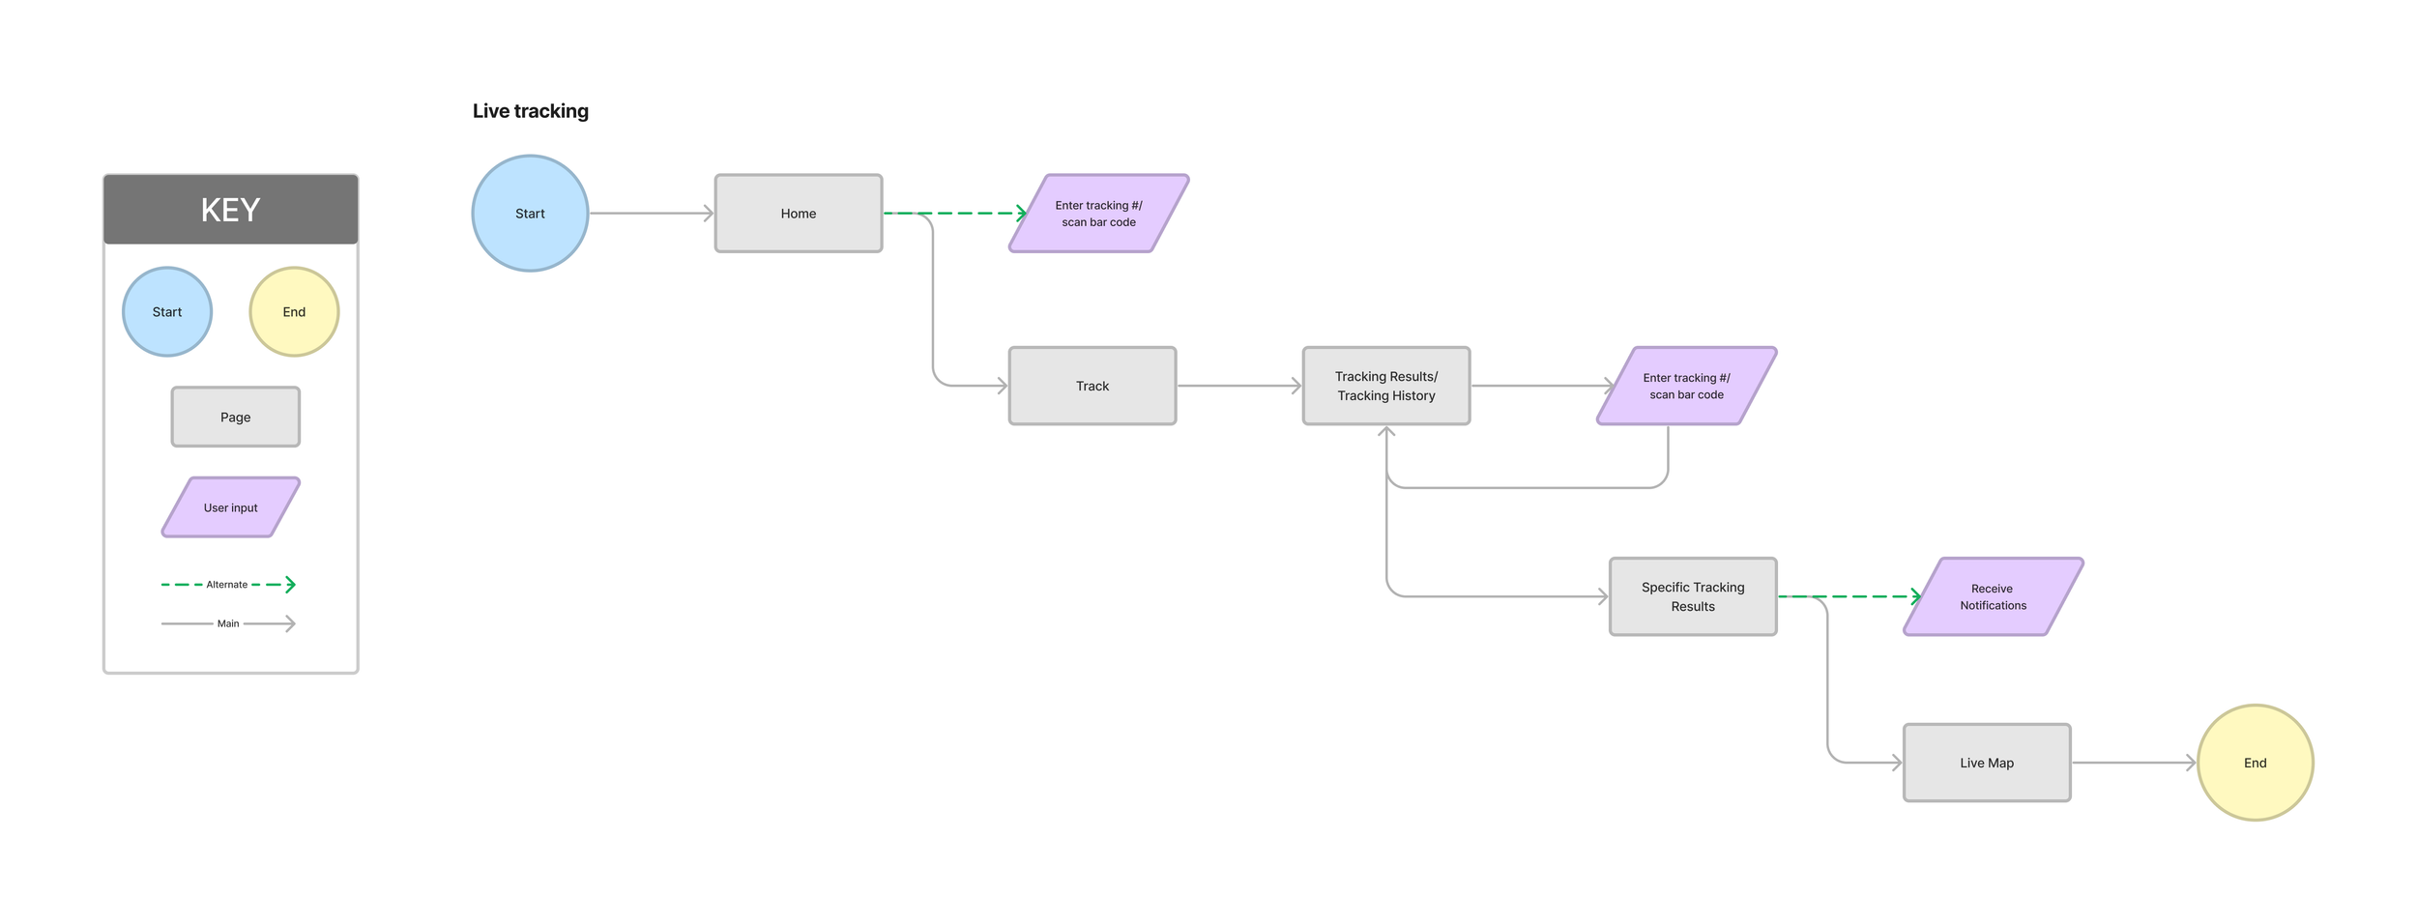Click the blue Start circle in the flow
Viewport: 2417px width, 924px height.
pos(530,214)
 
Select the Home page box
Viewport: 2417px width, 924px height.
pos(798,214)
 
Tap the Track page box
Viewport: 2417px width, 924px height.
pos(1092,386)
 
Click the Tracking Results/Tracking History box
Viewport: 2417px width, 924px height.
pos(1385,386)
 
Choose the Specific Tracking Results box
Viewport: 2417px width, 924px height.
pos(1692,596)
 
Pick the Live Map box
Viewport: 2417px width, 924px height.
pos(1986,763)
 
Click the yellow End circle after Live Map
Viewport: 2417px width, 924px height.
pos(2255,763)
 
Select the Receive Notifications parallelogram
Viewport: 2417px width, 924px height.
pos(1993,596)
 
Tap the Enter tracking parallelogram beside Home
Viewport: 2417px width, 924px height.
pos(1098,214)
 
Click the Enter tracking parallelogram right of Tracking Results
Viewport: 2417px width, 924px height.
pos(1686,386)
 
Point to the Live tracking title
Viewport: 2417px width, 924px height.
pos(530,111)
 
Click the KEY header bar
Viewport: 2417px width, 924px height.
pos(230,210)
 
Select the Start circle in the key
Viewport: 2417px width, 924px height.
pos(167,312)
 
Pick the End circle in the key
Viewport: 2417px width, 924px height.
pos(294,312)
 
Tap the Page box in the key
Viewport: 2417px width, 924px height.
pos(235,418)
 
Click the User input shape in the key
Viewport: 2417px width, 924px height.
pos(230,507)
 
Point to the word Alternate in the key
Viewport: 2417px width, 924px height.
pos(227,585)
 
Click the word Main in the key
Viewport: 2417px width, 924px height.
pos(228,624)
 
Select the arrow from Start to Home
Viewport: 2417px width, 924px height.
pos(651,214)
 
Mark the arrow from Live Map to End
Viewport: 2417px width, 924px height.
pos(2133,763)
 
